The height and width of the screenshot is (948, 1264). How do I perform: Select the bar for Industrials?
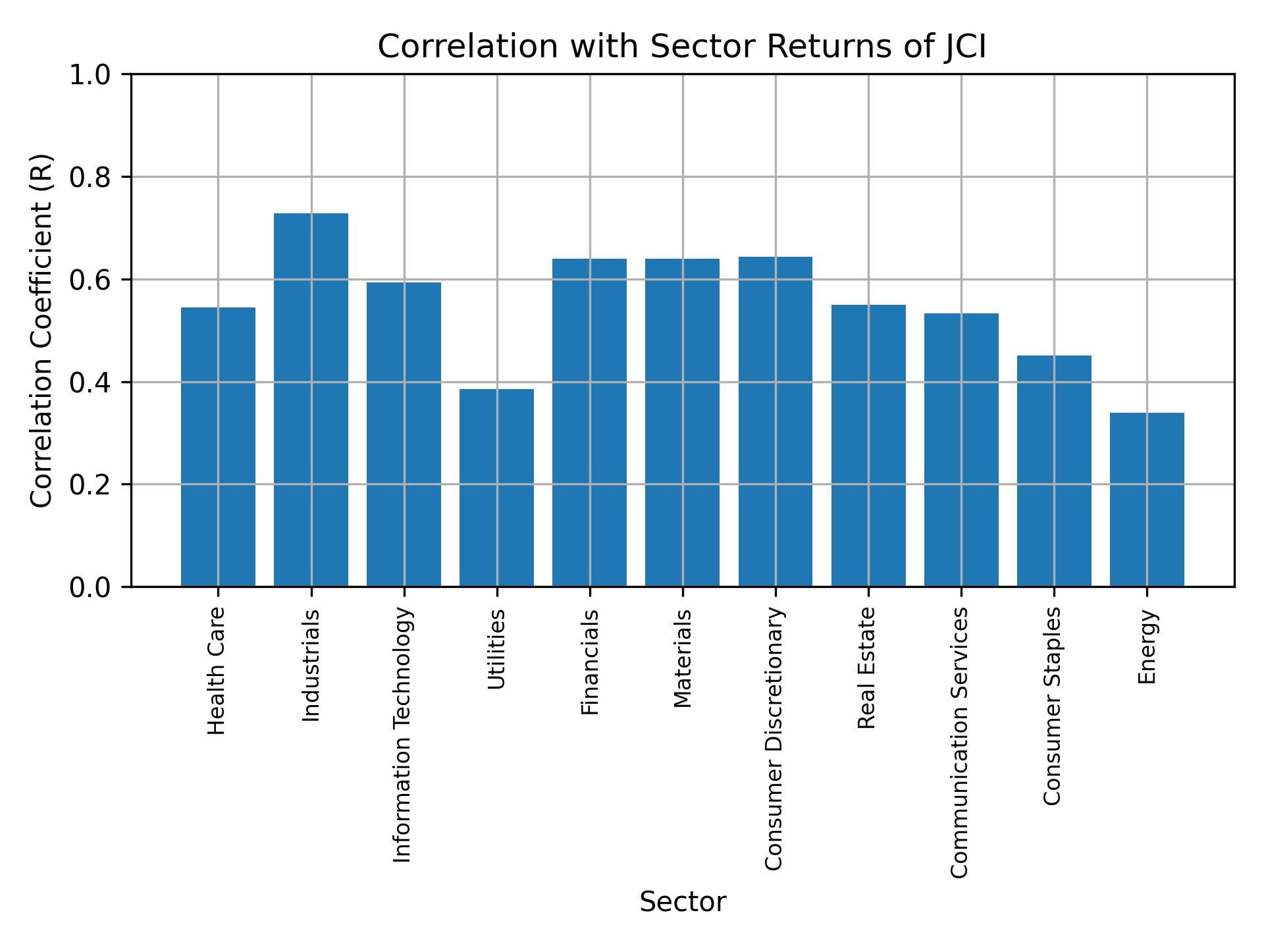click(311, 400)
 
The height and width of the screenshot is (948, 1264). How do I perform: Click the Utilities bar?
click(496, 487)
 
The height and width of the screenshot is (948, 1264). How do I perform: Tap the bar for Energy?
click(1147, 499)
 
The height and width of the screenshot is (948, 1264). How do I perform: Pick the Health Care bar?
click(218, 446)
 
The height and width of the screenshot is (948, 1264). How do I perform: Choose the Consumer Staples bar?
click(1054, 471)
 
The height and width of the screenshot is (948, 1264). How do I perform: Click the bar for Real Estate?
click(868, 445)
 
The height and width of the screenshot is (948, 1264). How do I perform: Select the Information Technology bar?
click(404, 434)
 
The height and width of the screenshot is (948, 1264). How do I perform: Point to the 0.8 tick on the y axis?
click(95, 178)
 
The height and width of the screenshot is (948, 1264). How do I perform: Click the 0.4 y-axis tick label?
click(95, 382)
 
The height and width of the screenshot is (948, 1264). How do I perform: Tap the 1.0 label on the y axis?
click(95, 75)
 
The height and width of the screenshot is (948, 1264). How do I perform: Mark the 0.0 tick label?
click(95, 587)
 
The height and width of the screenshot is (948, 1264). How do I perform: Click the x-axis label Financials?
click(590, 662)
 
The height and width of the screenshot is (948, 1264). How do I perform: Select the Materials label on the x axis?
click(683, 658)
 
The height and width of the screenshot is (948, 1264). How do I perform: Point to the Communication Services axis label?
click(960, 742)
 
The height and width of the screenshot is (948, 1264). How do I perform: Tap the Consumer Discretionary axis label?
click(775, 739)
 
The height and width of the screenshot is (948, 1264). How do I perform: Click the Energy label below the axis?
click(1147, 647)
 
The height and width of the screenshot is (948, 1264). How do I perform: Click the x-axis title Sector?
click(683, 903)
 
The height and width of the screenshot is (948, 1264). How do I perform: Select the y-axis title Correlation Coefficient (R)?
click(41, 330)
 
